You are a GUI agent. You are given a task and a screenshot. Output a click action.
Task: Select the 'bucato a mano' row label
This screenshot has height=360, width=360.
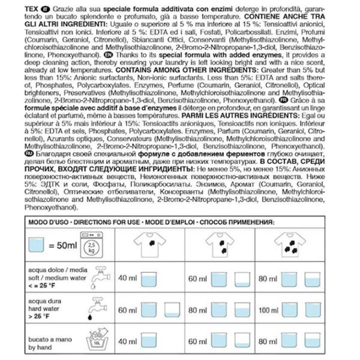pos(47,338)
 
